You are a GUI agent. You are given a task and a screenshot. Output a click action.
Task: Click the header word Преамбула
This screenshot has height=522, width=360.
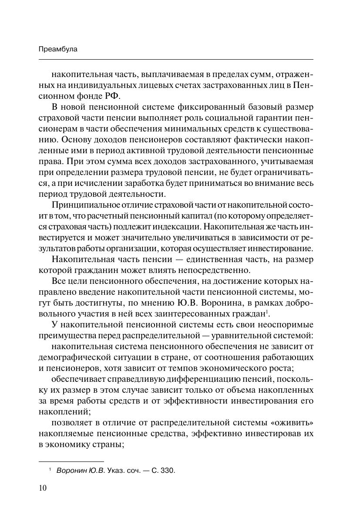(58, 49)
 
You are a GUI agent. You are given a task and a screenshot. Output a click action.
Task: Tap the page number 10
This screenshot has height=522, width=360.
(42, 488)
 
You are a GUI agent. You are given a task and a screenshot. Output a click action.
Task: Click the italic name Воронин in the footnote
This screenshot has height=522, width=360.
(71, 471)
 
